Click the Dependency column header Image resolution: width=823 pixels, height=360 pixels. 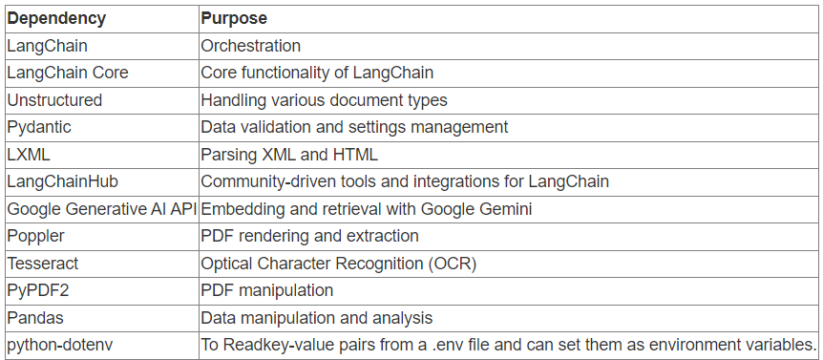pyautogui.click(x=56, y=18)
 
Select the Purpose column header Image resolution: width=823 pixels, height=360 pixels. pyautogui.click(x=234, y=18)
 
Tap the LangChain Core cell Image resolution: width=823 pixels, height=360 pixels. pyautogui.click(x=68, y=73)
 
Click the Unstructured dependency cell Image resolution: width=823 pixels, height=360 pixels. pyautogui.click(x=54, y=100)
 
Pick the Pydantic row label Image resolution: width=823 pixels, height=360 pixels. pyautogui.click(x=39, y=127)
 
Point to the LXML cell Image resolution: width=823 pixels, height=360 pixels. pyautogui.click(x=28, y=154)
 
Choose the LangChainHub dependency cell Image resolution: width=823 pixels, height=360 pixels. pyautogui.click(x=63, y=181)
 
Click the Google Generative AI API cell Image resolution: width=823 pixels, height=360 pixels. pyautogui.click(x=101, y=208)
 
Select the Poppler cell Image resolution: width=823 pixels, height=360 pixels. pyautogui.click(x=35, y=236)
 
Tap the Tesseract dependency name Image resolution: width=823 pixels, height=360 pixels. pyautogui.click(x=42, y=263)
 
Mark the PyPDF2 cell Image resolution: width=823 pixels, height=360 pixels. pyautogui.click(x=37, y=290)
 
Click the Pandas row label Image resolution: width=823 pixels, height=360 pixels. pyautogui.click(x=35, y=317)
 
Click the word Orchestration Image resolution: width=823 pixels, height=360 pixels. pyautogui.click(x=250, y=46)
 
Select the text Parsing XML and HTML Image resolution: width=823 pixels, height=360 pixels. pyautogui.click(x=289, y=154)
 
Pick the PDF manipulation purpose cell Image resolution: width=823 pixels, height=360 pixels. pyautogui.click(x=266, y=290)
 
